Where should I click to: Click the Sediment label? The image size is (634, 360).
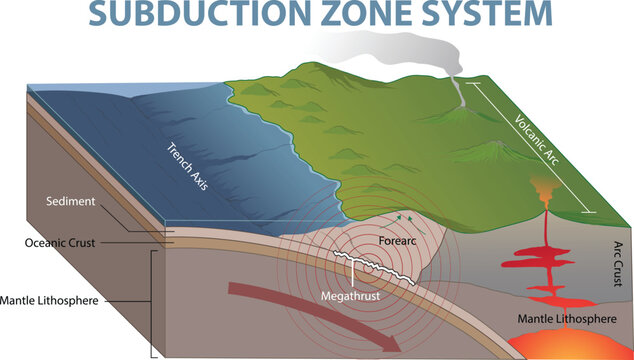click(x=70, y=202)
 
